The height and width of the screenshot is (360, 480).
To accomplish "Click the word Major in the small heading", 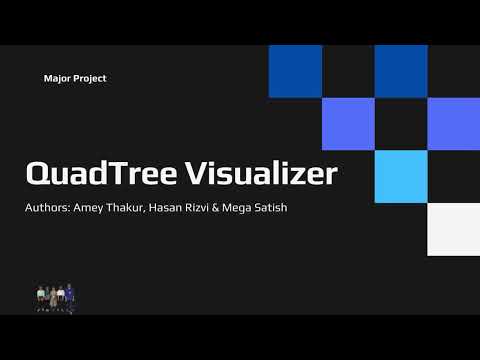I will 57,78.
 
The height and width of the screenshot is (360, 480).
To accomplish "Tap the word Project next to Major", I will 90,78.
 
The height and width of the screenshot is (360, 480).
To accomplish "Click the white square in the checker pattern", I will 453,229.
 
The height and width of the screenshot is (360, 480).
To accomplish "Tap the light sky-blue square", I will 400,176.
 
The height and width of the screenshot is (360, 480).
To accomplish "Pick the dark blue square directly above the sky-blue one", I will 400,71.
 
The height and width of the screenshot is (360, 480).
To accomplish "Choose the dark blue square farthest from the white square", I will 295,71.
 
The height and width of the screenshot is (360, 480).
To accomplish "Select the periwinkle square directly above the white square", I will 453,124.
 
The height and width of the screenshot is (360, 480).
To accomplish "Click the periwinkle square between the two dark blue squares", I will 348,124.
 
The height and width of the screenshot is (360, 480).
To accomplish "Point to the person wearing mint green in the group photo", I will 41,294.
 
